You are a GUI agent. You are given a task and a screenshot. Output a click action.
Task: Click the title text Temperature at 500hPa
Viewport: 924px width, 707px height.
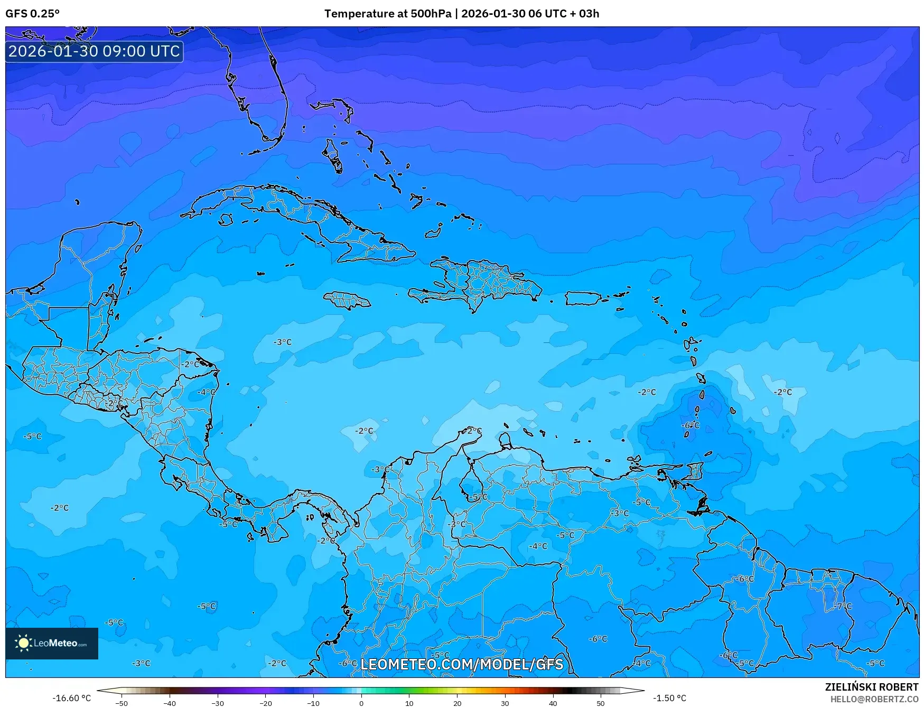click(388, 14)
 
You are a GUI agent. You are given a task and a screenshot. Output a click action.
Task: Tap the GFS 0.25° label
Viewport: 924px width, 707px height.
click(33, 14)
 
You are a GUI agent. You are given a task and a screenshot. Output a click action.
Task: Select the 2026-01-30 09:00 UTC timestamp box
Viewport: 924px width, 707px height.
click(94, 51)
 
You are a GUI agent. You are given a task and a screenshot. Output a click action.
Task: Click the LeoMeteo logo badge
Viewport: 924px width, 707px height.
click(52, 643)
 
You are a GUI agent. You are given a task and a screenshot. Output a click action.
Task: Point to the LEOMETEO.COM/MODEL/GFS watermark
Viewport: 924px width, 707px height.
click(462, 664)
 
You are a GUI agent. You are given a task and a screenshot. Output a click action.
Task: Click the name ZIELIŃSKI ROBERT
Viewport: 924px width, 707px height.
click(872, 687)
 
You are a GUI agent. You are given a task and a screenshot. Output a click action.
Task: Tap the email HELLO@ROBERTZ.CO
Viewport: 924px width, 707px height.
click(874, 699)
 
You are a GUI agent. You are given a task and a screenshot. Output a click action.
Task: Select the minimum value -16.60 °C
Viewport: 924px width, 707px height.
click(71, 698)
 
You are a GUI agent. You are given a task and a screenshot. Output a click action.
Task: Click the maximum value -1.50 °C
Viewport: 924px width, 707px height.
click(669, 698)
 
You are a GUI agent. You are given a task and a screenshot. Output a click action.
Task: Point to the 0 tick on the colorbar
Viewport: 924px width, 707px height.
click(361, 703)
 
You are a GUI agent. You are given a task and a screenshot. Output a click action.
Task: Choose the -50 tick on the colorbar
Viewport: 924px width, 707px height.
click(122, 703)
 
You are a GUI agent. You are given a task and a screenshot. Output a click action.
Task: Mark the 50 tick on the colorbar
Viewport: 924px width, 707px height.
click(601, 703)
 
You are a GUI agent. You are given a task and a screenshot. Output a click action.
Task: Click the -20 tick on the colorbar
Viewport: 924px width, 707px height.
click(265, 703)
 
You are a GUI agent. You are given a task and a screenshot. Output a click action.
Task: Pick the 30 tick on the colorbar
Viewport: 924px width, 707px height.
click(505, 703)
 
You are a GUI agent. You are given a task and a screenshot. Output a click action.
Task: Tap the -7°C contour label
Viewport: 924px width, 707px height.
click(844, 606)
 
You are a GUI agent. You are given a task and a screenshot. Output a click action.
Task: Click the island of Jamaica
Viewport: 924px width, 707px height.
click(347, 301)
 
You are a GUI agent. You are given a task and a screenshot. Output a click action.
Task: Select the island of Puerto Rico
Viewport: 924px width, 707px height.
click(583, 299)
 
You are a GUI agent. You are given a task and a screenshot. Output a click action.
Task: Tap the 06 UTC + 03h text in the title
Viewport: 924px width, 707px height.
click(564, 14)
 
